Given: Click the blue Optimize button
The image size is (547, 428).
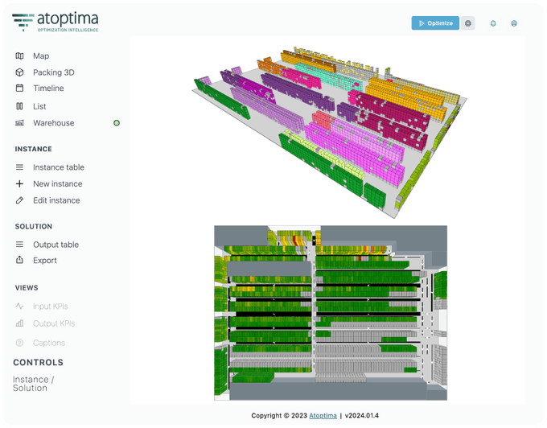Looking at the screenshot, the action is pyautogui.click(x=435, y=23).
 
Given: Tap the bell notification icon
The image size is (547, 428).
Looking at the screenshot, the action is pyautogui.click(x=493, y=23).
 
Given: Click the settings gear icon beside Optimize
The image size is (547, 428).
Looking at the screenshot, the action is pyautogui.click(x=468, y=23).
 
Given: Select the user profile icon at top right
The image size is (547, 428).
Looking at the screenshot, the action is pyautogui.click(x=514, y=23).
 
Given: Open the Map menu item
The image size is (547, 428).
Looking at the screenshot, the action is pyautogui.click(x=41, y=56).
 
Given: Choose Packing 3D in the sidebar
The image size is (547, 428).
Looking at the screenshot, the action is pyautogui.click(x=54, y=72).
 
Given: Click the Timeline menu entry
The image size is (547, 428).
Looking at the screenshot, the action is pyautogui.click(x=48, y=88).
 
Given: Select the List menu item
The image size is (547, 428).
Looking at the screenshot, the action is pyautogui.click(x=39, y=106).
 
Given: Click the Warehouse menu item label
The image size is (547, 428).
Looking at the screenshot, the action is pyautogui.click(x=53, y=123).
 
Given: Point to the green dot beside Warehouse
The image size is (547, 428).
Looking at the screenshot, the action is pyautogui.click(x=117, y=123).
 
